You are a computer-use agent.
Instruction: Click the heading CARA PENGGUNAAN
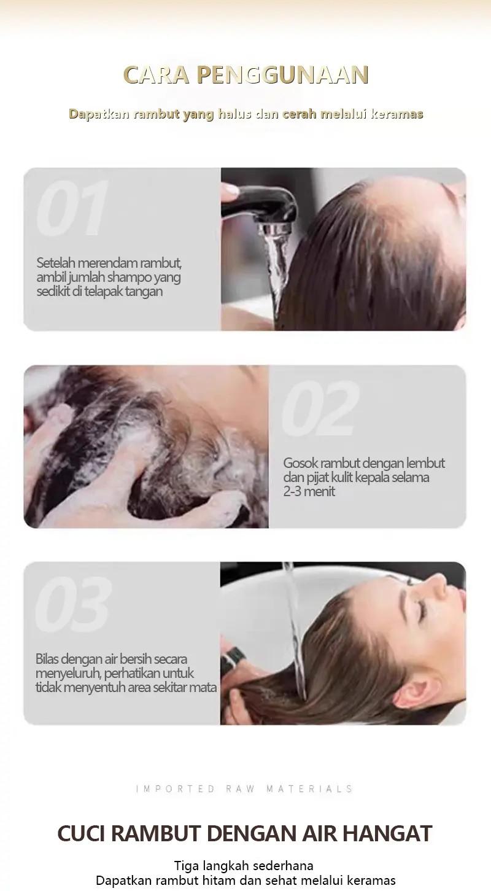point(245,75)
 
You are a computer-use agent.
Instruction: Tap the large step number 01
point(72,209)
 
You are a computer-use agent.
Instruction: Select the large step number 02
point(320,408)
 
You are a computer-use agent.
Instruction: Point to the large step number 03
point(73,605)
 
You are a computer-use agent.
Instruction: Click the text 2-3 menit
point(309,492)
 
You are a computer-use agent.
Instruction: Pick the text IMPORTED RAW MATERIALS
point(245,789)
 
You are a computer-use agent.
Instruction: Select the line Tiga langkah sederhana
point(244,866)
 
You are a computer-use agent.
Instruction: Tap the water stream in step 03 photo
point(295,632)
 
